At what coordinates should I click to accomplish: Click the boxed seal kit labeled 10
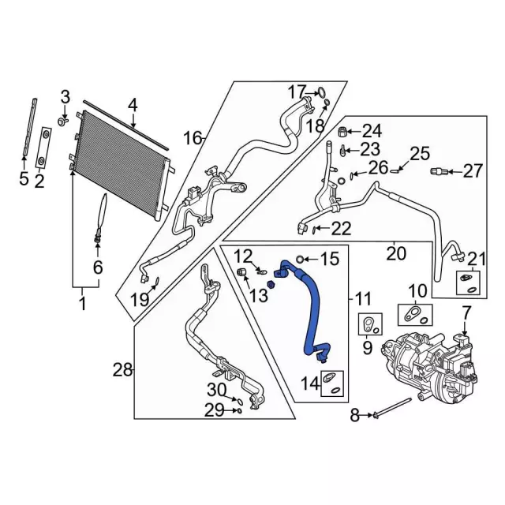pos(414,315)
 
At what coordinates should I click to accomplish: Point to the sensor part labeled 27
pos(439,171)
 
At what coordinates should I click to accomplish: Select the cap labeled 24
pos(343,130)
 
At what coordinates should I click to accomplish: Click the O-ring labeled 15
pos(301,259)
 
